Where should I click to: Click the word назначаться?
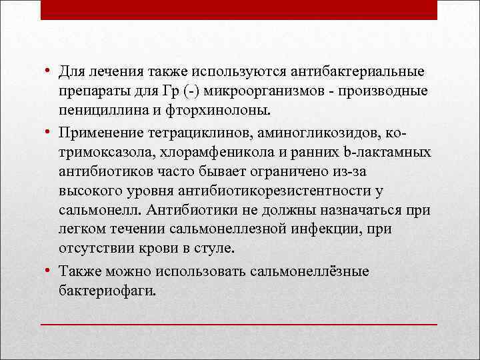click(x=359, y=211)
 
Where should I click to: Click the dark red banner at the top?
click(x=239, y=9)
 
